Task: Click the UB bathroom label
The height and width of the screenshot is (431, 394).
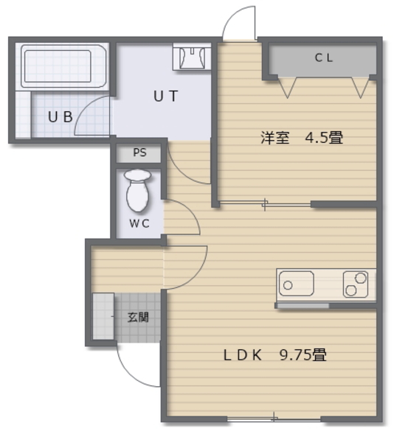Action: click(x=61, y=117)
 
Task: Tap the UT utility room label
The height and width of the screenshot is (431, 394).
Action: click(x=165, y=97)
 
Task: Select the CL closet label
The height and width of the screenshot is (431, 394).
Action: click(x=324, y=57)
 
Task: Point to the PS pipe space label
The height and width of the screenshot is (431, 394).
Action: click(x=140, y=153)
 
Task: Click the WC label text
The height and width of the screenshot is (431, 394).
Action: click(x=139, y=223)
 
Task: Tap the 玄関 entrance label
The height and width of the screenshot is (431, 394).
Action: click(x=138, y=318)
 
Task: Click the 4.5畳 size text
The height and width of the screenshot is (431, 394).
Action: click(x=324, y=138)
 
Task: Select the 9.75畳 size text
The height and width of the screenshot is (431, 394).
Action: click(x=303, y=354)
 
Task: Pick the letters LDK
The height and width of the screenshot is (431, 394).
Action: click(x=242, y=355)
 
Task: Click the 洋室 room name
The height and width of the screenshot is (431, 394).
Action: click(x=275, y=138)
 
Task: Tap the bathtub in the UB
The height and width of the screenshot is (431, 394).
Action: click(x=63, y=66)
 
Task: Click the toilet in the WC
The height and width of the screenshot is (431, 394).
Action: click(x=137, y=191)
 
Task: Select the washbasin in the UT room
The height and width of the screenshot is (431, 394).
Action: click(x=192, y=57)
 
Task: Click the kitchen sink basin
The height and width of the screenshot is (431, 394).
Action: click(x=297, y=284)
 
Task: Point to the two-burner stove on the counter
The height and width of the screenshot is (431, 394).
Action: click(x=356, y=284)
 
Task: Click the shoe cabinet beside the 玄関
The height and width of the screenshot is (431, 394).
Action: click(x=103, y=316)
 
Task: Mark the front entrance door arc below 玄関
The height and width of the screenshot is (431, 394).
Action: click(x=127, y=374)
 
